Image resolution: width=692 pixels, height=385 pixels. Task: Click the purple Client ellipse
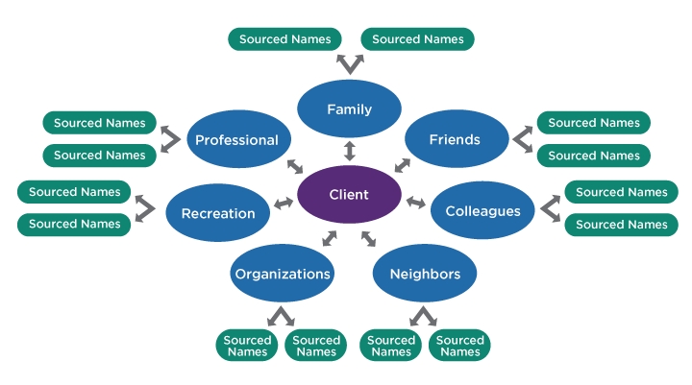pyautogui.click(x=349, y=195)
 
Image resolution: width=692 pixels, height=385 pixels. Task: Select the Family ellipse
pyautogui.click(x=349, y=109)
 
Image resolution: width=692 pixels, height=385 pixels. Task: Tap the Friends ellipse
pyautogui.click(x=455, y=139)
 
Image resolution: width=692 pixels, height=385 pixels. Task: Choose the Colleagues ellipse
pyautogui.click(x=482, y=211)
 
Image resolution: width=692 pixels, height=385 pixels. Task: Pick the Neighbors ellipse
pyautogui.click(x=425, y=274)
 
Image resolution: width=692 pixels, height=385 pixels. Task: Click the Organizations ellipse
pyautogui.click(x=283, y=274)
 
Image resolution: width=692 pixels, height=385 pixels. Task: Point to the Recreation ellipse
pyautogui.click(x=218, y=213)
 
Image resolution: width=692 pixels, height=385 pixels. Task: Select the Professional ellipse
pyautogui.click(x=236, y=140)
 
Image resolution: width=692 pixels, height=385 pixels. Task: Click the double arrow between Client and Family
pyautogui.click(x=349, y=151)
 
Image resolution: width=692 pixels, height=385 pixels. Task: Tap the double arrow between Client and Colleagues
pyautogui.click(x=415, y=203)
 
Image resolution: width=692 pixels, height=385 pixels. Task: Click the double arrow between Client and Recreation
pyautogui.click(x=284, y=204)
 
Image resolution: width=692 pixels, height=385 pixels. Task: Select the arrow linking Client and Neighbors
pyautogui.click(x=368, y=238)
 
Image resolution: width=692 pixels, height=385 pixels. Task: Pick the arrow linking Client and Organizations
pyautogui.click(x=330, y=237)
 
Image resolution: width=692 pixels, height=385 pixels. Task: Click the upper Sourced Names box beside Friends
pyautogui.click(x=593, y=123)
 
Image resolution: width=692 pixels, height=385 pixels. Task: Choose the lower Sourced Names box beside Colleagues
pyautogui.click(x=621, y=225)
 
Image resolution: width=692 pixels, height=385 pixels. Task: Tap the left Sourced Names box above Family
pyautogui.click(x=284, y=39)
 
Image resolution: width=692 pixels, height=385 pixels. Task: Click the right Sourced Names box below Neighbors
pyautogui.click(x=459, y=346)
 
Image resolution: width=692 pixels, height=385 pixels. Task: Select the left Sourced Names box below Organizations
pyautogui.click(x=248, y=346)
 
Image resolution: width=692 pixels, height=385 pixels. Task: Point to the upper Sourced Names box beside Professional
pyautogui.click(x=100, y=123)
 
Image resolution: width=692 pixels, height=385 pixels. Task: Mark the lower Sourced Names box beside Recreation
pyautogui.click(x=75, y=224)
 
